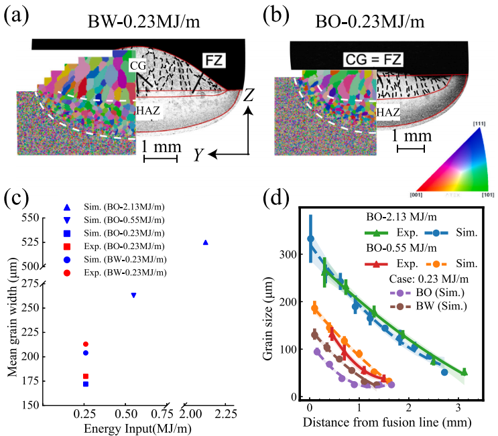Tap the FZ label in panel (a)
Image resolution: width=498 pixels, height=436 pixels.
click(x=214, y=62)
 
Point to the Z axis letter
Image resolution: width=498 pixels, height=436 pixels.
click(x=248, y=96)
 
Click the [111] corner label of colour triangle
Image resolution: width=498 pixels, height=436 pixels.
click(x=481, y=124)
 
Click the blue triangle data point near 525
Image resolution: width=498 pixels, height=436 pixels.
click(x=206, y=242)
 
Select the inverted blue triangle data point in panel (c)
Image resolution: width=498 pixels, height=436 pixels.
click(x=133, y=295)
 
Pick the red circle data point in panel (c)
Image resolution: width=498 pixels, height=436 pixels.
click(x=85, y=344)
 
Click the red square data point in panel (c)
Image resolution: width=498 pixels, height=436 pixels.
click(x=85, y=376)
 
